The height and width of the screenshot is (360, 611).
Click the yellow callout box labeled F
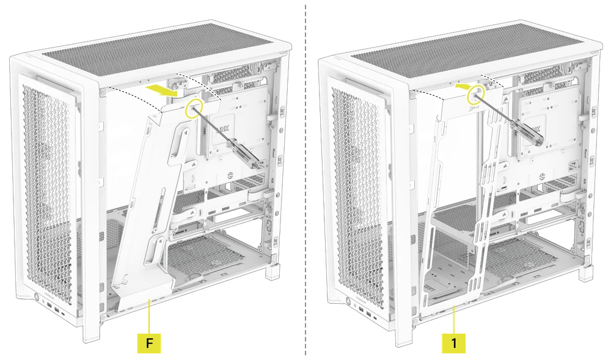(149, 343)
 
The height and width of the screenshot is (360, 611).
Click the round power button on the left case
(40, 301)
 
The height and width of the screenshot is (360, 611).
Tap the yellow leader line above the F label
(149, 318)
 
